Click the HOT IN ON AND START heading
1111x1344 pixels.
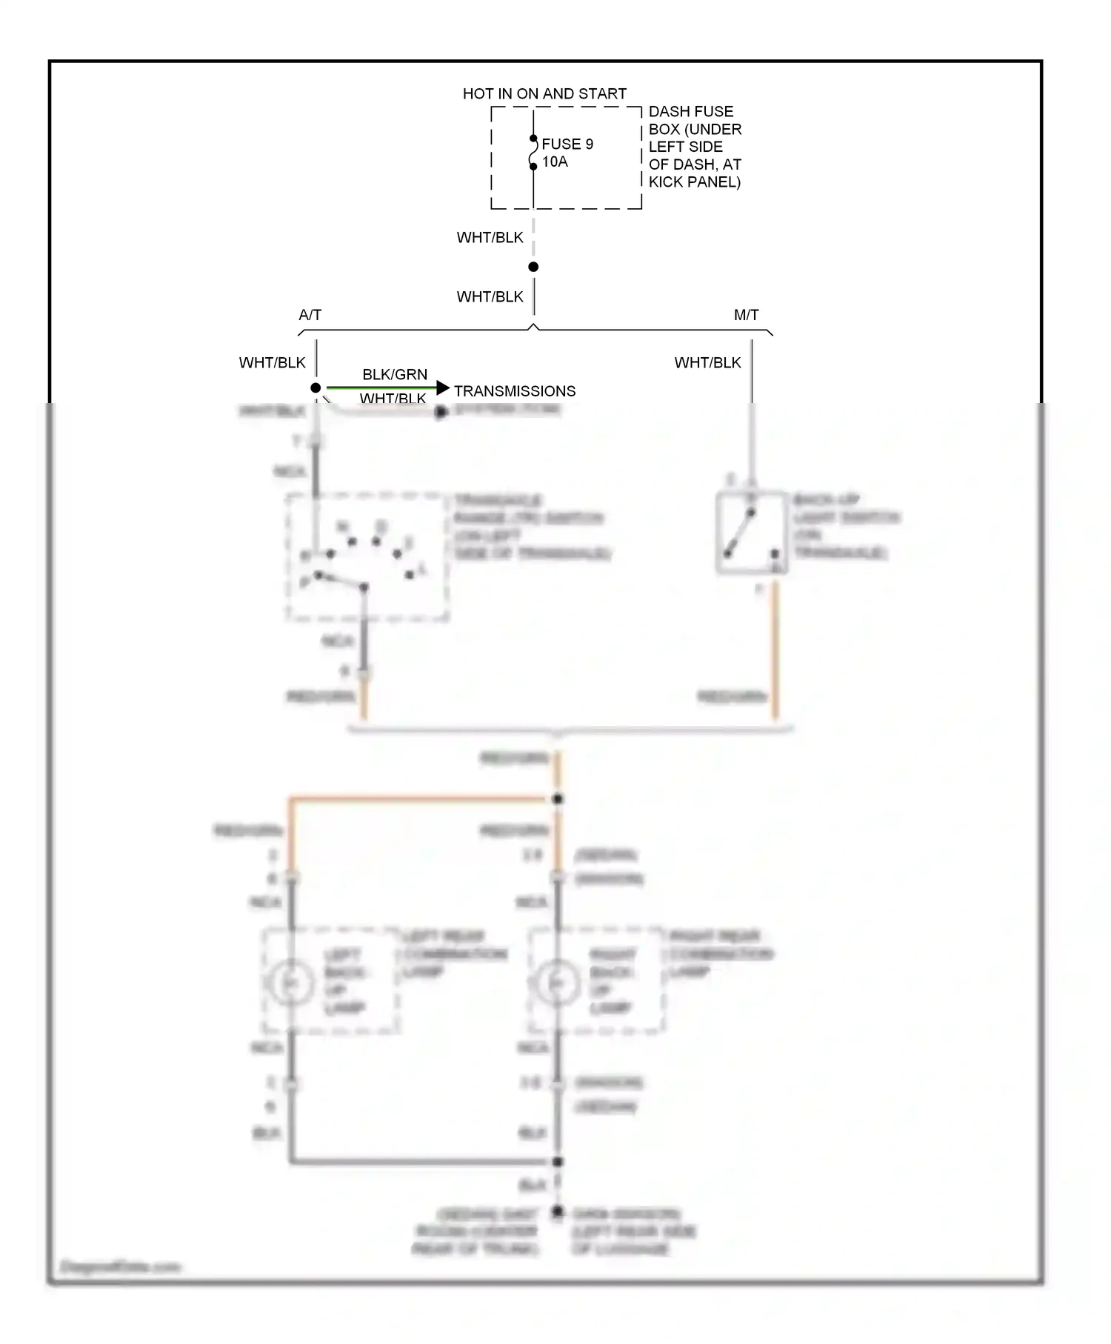coord(544,94)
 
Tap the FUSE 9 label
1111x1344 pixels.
coord(567,144)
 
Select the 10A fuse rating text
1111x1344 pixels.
coord(555,162)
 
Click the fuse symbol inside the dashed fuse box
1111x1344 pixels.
coord(533,153)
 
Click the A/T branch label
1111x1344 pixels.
coord(310,315)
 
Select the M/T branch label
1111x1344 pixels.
coord(746,315)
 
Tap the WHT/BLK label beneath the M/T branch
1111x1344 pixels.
coord(707,362)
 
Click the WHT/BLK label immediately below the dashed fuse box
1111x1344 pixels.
coord(490,238)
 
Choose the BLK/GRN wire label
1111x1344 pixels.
coord(395,374)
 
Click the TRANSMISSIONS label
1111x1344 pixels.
coord(515,391)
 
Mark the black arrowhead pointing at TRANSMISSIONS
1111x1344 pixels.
coord(443,387)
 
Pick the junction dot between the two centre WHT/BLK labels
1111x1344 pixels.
coord(533,267)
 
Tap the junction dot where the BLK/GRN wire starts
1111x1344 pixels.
coord(316,387)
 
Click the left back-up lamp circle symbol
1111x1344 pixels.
coord(290,982)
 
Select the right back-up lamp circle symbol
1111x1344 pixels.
coord(557,982)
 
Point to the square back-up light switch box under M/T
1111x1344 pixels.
coord(751,532)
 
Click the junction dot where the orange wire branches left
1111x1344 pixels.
coord(558,799)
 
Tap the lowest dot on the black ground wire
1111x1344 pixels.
coord(558,1212)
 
